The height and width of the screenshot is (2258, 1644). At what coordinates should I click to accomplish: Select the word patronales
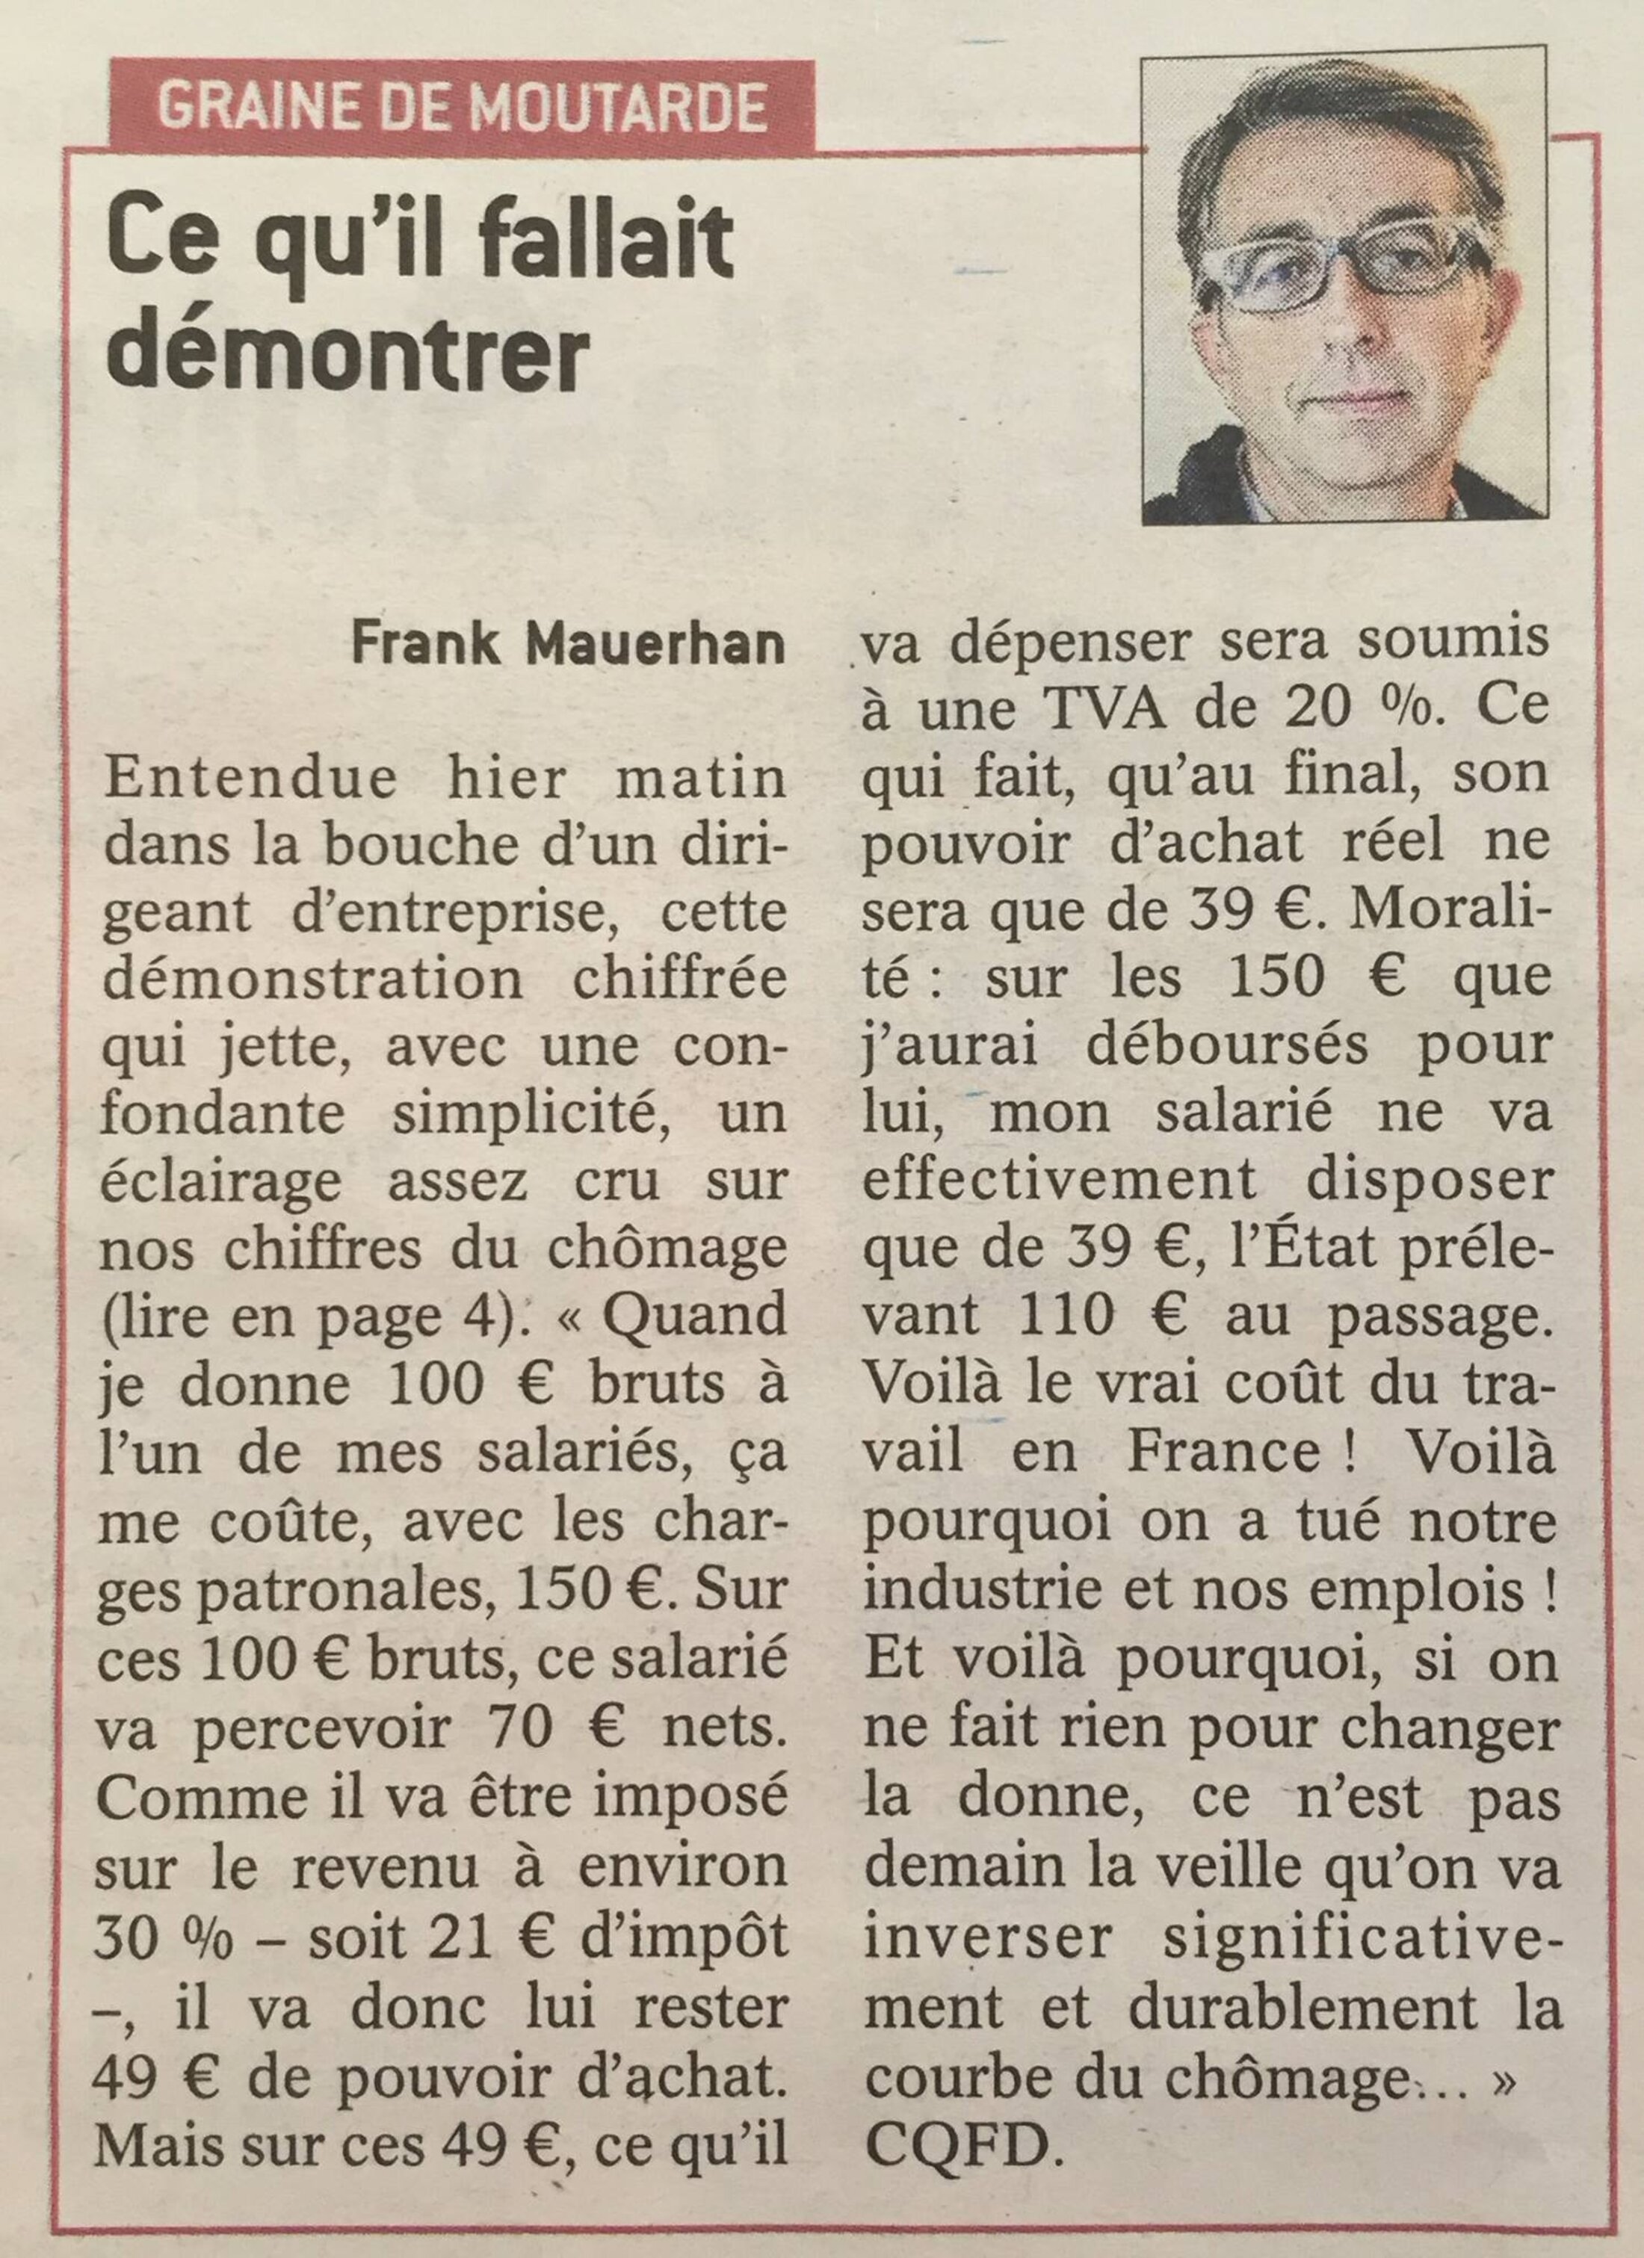coord(338,1587)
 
